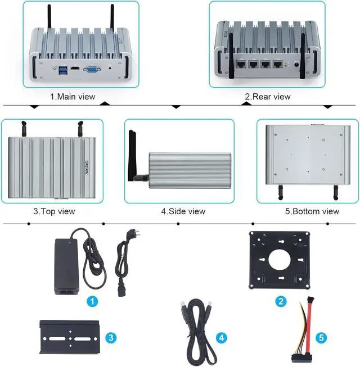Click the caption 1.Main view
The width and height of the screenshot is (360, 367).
[73, 96]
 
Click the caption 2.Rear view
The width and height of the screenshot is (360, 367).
[268, 96]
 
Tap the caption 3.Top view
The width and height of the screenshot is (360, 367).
[54, 211]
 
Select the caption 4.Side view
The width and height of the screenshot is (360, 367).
[183, 211]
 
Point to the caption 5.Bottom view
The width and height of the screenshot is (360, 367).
[312, 211]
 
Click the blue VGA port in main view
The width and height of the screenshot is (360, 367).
[89, 70]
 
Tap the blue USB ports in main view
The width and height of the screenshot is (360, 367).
[60, 70]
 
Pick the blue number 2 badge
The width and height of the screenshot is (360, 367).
[281, 301]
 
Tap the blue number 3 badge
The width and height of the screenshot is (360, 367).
[111, 338]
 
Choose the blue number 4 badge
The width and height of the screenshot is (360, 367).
[222, 338]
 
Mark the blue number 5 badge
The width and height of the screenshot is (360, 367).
[322, 338]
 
